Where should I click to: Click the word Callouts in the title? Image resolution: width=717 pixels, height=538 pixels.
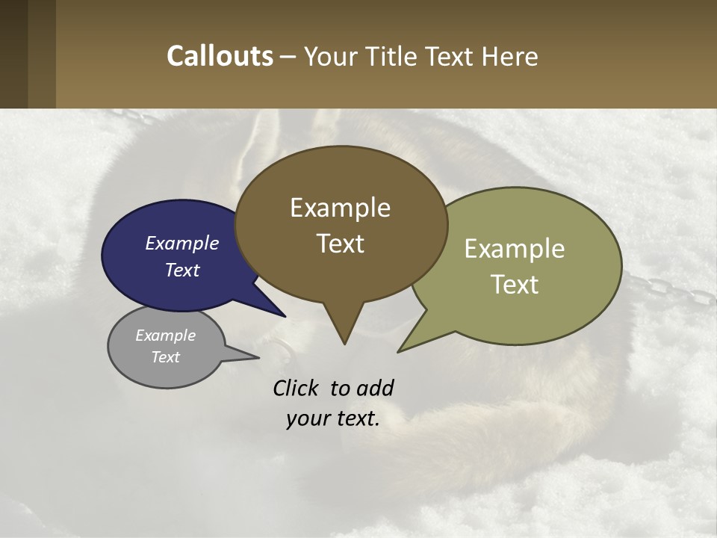[220, 56]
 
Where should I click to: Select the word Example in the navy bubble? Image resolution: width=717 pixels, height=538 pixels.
[182, 243]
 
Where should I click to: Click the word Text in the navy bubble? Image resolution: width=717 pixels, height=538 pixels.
[182, 270]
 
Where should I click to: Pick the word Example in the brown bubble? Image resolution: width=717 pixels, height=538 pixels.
[340, 208]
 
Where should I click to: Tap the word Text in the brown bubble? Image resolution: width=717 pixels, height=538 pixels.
[341, 244]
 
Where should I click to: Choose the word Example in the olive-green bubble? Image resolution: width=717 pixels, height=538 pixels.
[515, 249]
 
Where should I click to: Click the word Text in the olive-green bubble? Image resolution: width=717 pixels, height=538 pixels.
[515, 285]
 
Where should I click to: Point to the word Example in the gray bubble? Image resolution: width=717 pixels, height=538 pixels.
[166, 336]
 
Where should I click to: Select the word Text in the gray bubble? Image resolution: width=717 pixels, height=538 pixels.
[166, 357]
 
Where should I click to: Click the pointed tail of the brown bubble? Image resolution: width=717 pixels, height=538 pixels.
[344, 340]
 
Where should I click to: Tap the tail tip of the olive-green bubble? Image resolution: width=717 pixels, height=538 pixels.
[401, 350]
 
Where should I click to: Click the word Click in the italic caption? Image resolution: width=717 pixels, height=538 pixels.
[297, 389]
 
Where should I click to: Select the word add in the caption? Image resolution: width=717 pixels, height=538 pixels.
[375, 389]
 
